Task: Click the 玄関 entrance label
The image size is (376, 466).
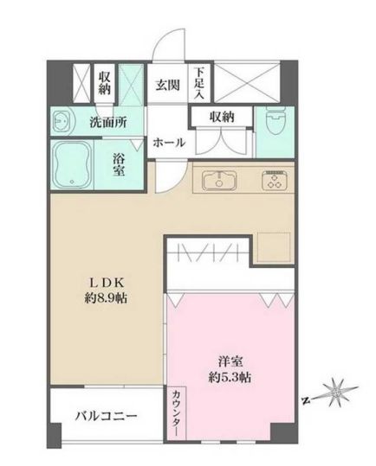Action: tap(167, 85)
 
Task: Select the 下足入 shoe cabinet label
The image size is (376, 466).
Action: tap(199, 83)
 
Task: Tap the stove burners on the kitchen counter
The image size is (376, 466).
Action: tap(276, 182)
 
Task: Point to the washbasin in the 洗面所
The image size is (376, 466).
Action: tap(62, 123)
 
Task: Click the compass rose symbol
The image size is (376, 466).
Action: tap(337, 394)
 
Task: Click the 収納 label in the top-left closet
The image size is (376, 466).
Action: tap(105, 82)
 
